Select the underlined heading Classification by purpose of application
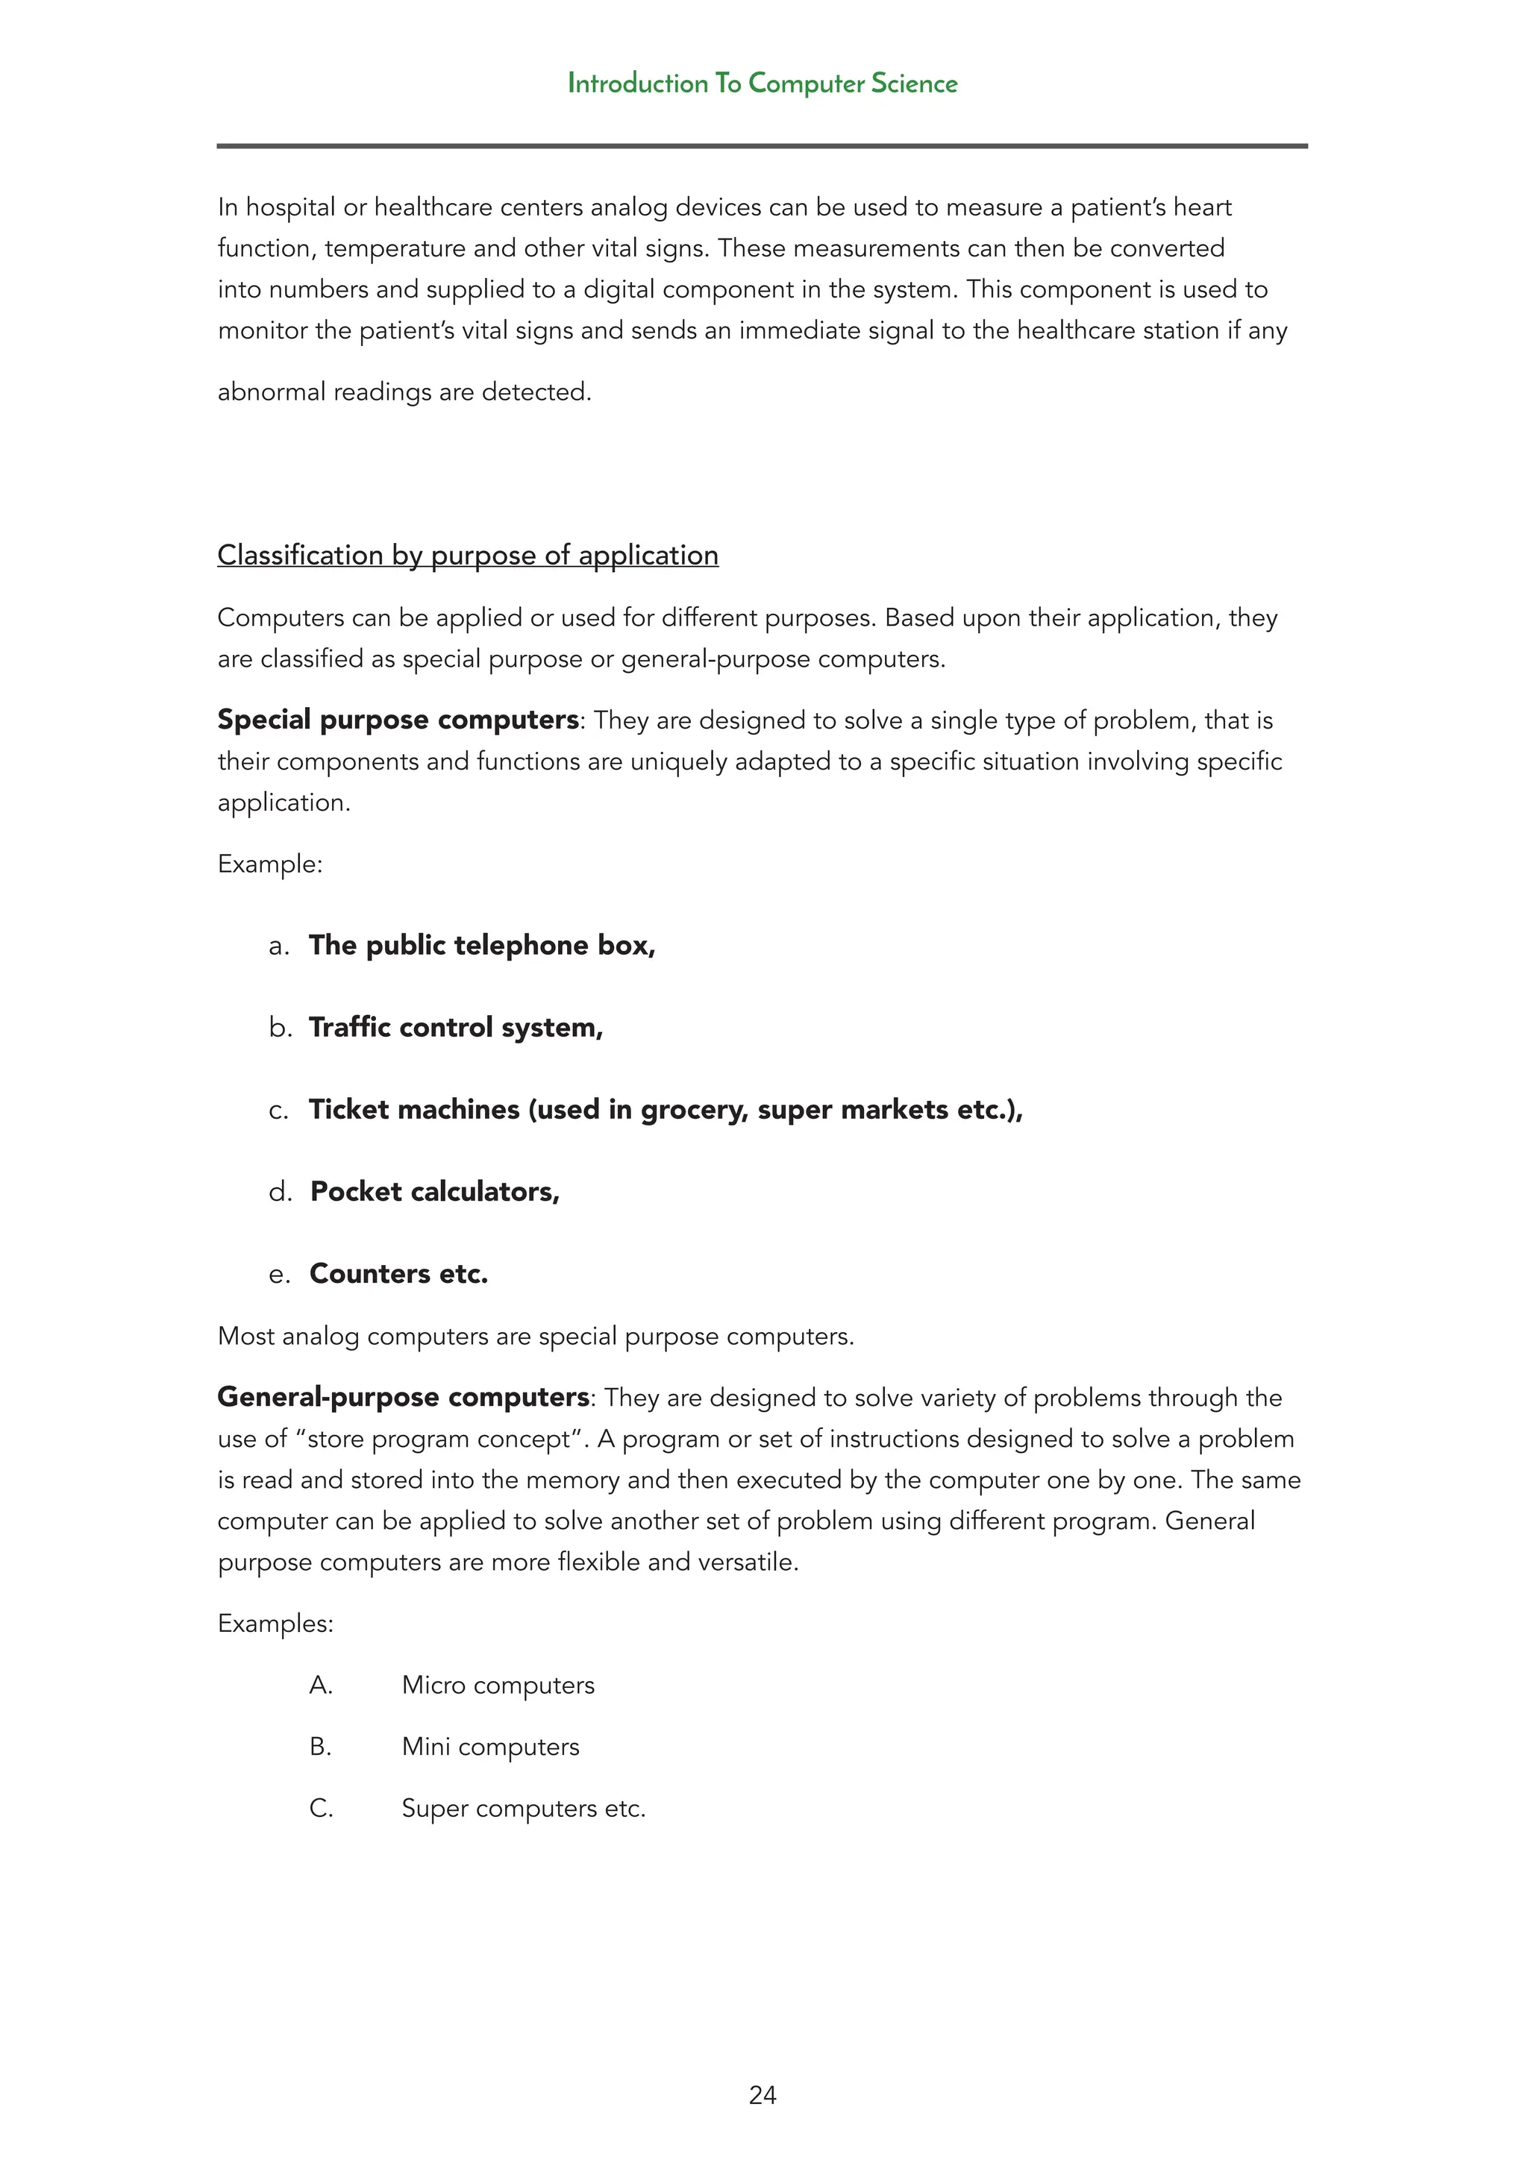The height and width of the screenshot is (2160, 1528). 468,555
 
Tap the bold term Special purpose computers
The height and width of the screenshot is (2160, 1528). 398,720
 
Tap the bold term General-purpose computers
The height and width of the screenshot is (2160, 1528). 404,1397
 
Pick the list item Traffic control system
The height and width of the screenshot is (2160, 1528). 455,1027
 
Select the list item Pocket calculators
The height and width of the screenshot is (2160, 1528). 435,1192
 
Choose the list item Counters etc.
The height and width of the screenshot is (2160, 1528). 399,1274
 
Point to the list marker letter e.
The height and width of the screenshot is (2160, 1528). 278,1275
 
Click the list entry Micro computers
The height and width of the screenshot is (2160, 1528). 498,1685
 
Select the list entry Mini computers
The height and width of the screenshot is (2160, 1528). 490,1747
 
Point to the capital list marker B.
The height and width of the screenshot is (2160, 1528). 321,1747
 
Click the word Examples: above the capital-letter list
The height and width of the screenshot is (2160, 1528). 275,1624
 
